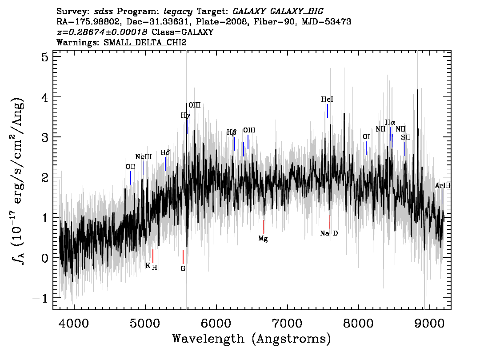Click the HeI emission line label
click(x=327, y=100)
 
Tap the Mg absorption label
click(x=263, y=239)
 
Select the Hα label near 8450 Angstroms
click(x=390, y=123)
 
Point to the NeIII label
click(x=144, y=157)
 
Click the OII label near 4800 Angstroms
click(x=131, y=167)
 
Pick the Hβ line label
click(x=232, y=132)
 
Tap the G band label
click(x=183, y=268)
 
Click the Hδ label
click(x=165, y=152)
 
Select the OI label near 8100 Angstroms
click(x=366, y=137)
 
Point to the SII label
click(x=406, y=138)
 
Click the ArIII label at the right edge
click(x=443, y=186)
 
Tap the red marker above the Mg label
click(x=263, y=227)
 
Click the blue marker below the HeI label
click(x=328, y=111)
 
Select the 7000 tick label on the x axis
click(x=288, y=323)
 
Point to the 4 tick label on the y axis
click(x=45, y=97)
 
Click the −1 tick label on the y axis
click(x=40, y=298)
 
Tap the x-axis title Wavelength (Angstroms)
click(x=252, y=339)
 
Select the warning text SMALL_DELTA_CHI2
click(x=145, y=42)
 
